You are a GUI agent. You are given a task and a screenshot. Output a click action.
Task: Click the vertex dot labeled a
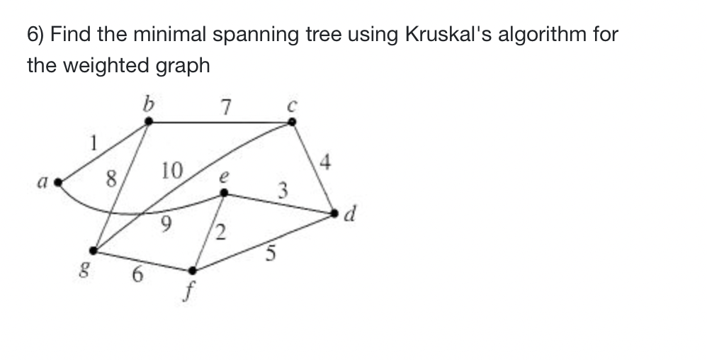(60, 182)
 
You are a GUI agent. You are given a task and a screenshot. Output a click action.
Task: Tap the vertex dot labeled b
(148, 123)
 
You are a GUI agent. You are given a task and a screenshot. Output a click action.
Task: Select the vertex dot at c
(292, 123)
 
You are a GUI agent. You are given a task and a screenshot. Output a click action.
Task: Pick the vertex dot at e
(225, 192)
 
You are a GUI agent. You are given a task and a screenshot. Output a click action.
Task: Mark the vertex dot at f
(191, 270)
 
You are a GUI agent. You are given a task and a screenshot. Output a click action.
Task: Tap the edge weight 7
(225, 108)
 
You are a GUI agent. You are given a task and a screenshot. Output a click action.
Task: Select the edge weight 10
(172, 171)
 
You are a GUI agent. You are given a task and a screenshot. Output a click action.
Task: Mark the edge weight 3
(283, 190)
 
